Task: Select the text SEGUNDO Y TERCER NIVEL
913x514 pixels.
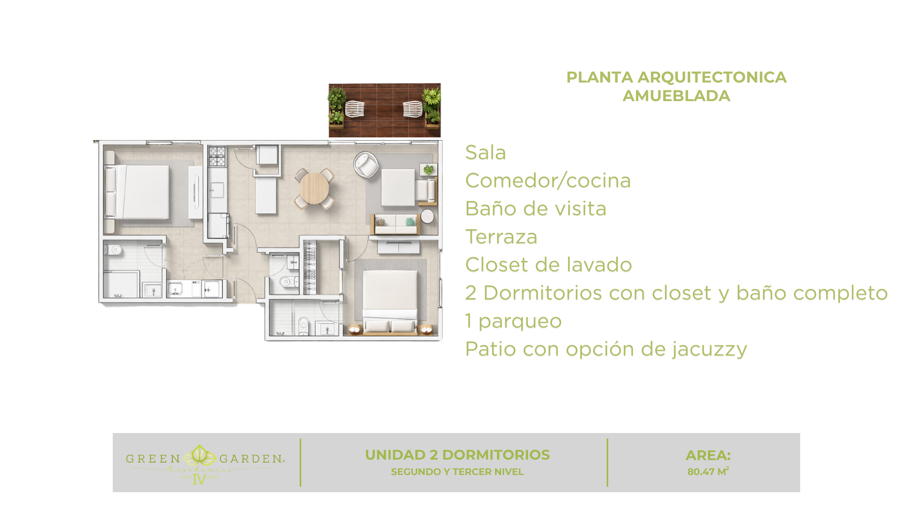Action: pos(457,472)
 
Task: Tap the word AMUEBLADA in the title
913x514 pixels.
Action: pos(676,96)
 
